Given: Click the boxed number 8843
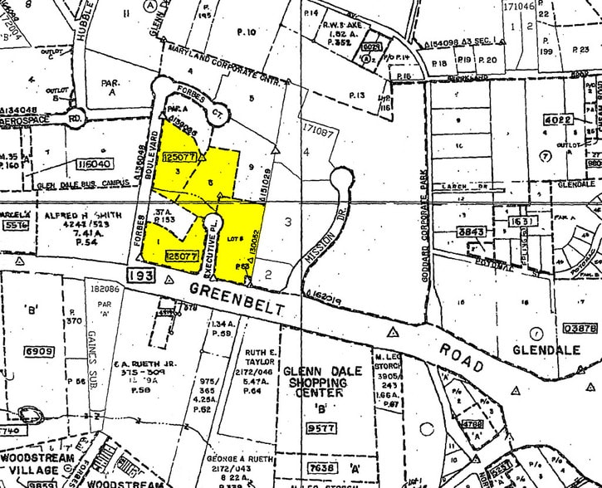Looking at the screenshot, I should point(471,232).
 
